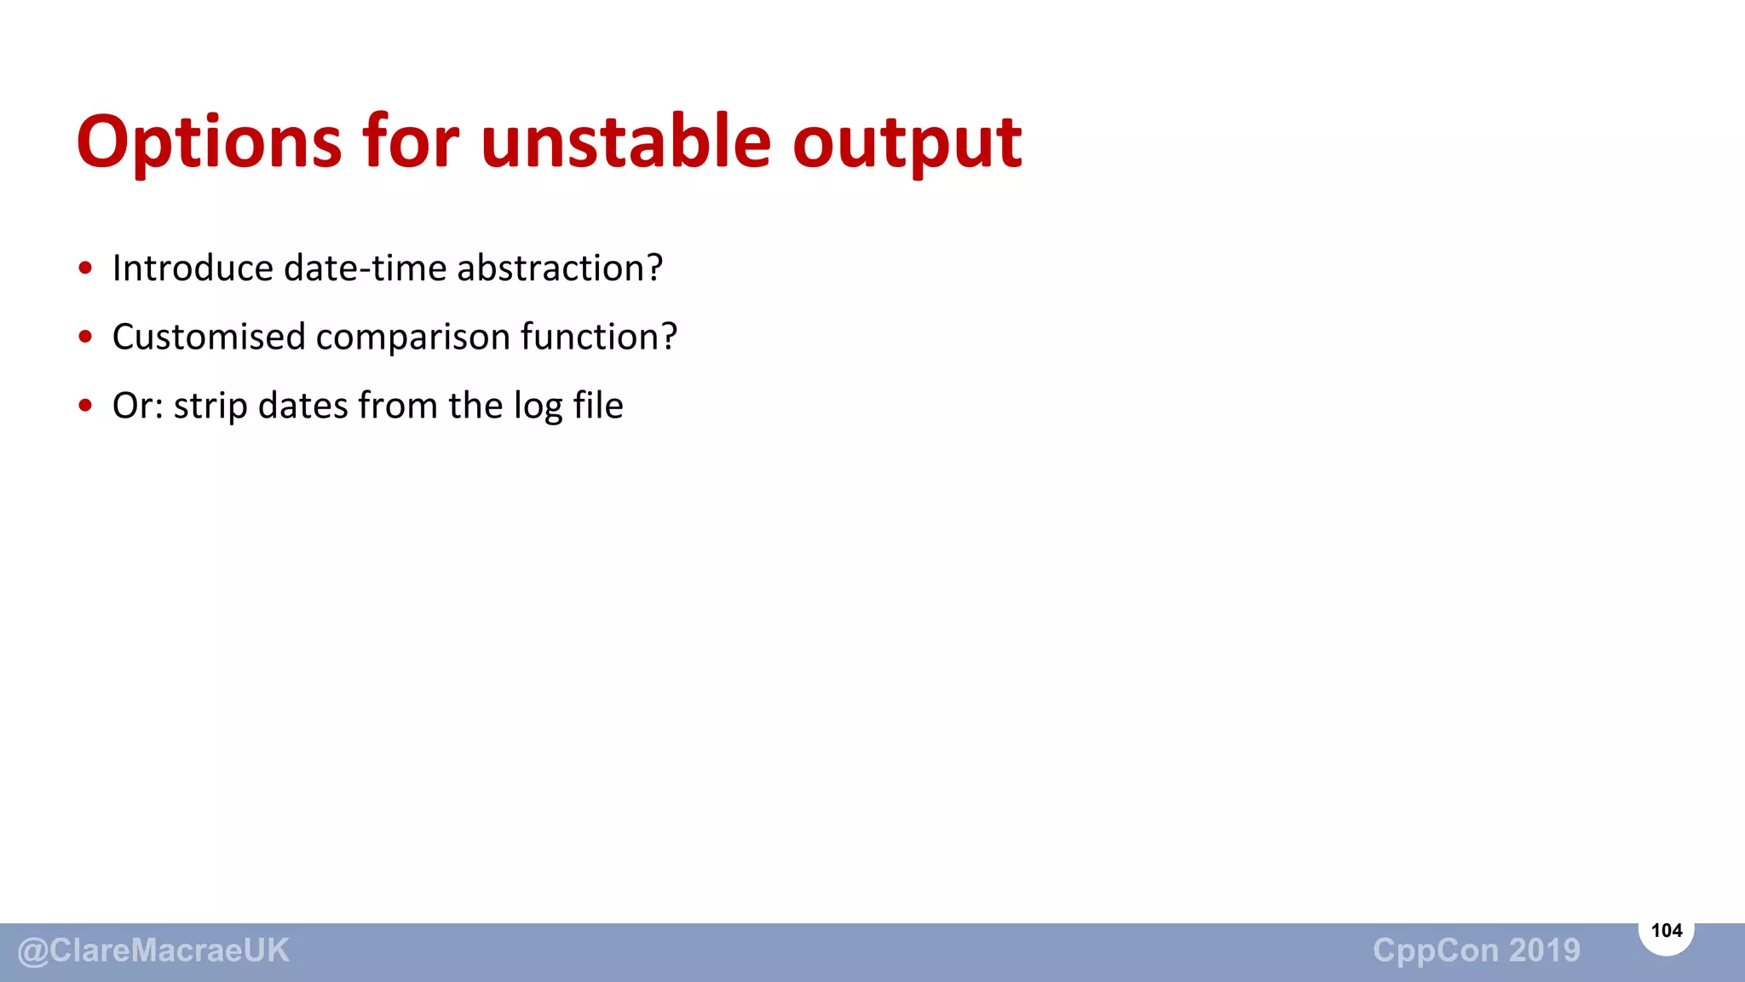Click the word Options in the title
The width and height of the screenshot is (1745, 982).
click(x=209, y=142)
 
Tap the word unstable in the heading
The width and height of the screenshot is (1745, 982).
click(x=625, y=141)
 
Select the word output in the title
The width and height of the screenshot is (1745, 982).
click(x=907, y=142)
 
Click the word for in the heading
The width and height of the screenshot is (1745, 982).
click(x=411, y=141)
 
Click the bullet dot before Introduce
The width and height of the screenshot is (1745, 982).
click(x=85, y=269)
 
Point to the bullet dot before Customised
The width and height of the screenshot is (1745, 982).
click(x=85, y=337)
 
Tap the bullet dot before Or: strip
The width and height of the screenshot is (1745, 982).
click(x=85, y=406)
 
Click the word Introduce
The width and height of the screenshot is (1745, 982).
click(x=193, y=269)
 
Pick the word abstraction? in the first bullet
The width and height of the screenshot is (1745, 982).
click(x=560, y=269)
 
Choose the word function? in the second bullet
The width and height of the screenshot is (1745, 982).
click(x=599, y=337)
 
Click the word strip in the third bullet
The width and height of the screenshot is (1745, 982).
click(x=210, y=407)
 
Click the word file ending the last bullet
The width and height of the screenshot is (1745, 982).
click(x=598, y=405)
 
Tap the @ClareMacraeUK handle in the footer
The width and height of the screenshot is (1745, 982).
click(x=153, y=950)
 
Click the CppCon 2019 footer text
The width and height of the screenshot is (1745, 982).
click(x=1476, y=950)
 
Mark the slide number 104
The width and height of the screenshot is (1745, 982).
click(x=1666, y=931)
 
